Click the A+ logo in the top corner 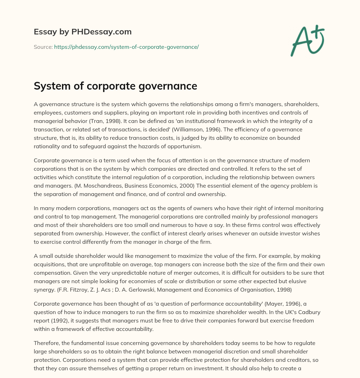pos(307,40)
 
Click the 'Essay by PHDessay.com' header pos(83,32)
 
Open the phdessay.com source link pos(127,47)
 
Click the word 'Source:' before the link pos(43,47)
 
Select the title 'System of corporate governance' pos(115,86)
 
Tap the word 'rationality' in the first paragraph pos(48,146)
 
